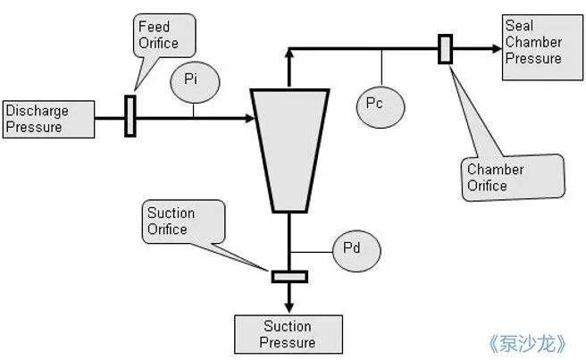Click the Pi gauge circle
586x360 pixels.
click(x=195, y=82)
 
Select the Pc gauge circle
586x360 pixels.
click(x=381, y=107)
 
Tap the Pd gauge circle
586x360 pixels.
click(x=356, y=251)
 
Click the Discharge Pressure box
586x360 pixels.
click(x=48, y=119)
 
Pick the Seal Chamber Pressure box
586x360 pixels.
click(x=542, y=47)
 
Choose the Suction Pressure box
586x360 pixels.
click(x=289, y=334)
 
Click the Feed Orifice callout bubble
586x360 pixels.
click(x=164, y=36)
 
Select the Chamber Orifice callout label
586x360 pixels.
click(x=513, y=178)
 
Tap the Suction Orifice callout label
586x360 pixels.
click(x=183, y=222)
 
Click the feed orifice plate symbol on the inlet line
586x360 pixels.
click(x=130, y=116)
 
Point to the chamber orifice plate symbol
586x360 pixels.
click(x=445, y=49)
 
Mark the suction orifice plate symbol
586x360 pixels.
click(x=289, y=277)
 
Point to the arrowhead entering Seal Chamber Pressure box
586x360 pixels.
click(x=497, y=48)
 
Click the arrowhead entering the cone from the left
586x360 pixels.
click(x=249, y=119)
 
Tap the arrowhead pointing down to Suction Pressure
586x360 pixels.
click(x=289, y=307)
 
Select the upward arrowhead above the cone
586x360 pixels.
click(x=289, y=53)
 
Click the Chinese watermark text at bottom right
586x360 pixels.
click(x=528, y=343)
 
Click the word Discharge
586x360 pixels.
click(x=38, y=111)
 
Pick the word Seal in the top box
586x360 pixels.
click(x=519, y=25)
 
